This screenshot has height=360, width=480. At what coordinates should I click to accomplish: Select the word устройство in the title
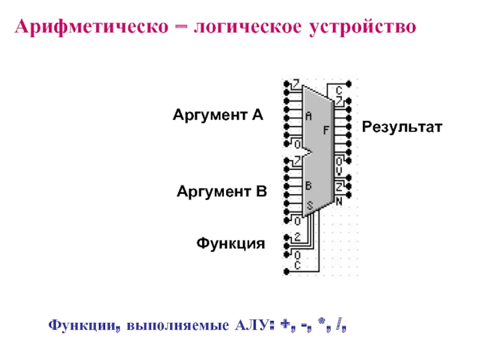pyautogui.click(x=362, y=28)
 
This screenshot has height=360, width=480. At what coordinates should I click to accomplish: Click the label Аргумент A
pyautogui.click(x=218, y=114)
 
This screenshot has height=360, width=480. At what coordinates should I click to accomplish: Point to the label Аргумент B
pyautogui.click(x=221, y=192)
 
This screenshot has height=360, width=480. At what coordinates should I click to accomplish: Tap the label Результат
pyautogui.click(x=401, y=127)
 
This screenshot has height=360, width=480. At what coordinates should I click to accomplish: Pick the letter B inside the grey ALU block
pyautogui.click(x=308, y=186)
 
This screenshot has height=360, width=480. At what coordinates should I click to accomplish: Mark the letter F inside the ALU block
pyautogui.click(x=326, y=129)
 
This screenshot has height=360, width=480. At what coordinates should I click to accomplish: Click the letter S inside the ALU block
pyautogui.click(x=310, y=206)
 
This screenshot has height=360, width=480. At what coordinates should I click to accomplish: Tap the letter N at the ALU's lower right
pyautogui.click(x=339, y=202)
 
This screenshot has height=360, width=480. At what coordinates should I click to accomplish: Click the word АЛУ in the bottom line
pyautogui.click(x=247, y=326)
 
